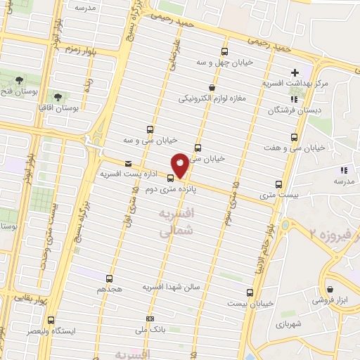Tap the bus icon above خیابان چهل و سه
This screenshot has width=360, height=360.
pos(224,52)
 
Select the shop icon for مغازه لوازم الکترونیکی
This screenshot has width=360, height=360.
pos(212,88)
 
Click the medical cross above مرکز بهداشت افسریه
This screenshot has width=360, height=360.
pos(295,72)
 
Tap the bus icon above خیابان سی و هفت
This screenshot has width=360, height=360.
pos(293,137)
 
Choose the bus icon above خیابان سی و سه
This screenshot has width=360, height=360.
pos(149,129)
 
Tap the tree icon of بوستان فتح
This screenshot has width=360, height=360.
pos(18,79)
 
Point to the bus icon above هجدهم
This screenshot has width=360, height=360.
pos(108,278)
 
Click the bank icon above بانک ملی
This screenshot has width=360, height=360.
pos(148,317)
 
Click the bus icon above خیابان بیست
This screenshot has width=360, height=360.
pos(250,292)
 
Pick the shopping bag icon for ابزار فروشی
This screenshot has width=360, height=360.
pos(330,288)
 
